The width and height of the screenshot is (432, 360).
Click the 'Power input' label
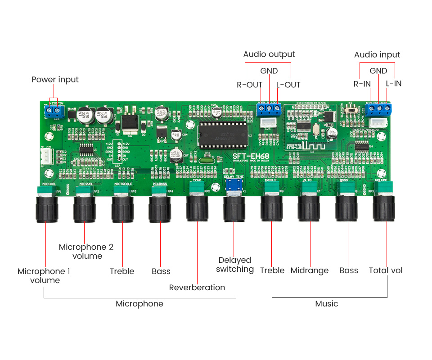click(x=55, y=80)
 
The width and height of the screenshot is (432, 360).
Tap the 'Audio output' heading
click(x=269, y=54)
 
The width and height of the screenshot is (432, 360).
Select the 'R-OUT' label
click(x=249, y=85)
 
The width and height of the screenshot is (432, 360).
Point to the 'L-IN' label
click(x=394, y=83)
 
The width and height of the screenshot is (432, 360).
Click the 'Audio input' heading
click(x=377, y=54)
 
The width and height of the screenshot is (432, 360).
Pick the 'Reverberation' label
click(x=197, y=288)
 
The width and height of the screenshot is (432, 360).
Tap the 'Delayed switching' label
click(x=234, y=265)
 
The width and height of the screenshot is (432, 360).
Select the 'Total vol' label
click(x=386, y=270)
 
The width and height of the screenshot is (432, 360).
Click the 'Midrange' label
click(x=310, y=270)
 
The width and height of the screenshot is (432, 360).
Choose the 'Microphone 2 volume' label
click(x=86, y=251)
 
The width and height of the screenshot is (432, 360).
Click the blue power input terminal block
click(x=54, y=110)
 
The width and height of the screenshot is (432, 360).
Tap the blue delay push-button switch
click(x=234, y=185)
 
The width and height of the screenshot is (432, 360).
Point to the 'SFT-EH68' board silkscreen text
click(x=251, y=157)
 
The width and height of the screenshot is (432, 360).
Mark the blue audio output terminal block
click(x=269, y=109)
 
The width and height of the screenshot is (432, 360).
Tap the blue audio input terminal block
click(x=378, y=109)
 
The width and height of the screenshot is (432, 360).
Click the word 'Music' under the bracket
click(x=326, y=304)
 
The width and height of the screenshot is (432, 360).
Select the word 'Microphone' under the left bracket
click(x=139, y=304)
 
